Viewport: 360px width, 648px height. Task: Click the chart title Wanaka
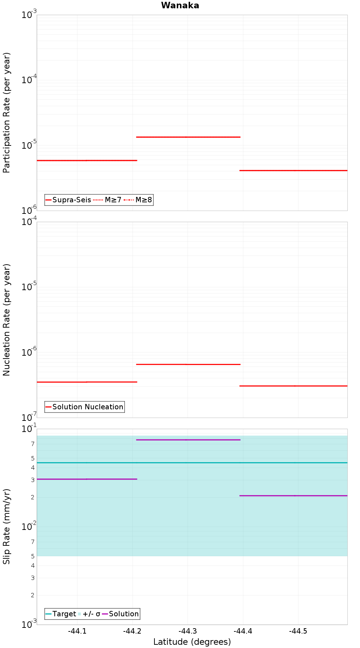pyautogui.click(x=180, y=5)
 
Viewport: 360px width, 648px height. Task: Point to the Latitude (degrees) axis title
pyautogui.click(x=192, y=642)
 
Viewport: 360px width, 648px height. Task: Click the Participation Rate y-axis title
pyautogui.click(x=6, y=113)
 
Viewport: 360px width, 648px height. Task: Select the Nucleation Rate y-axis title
pyautogui.click(x=6, y=320)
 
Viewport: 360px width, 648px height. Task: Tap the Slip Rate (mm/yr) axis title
pyautogui.click(x=6, y=526)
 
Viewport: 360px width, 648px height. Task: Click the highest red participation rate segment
pyautogui.click(x=188, y=137)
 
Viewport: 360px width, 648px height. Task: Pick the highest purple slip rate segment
pyautogui.click(x=188, y=440)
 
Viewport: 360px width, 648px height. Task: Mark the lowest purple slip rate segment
pyautogui.click(x=293, y=496)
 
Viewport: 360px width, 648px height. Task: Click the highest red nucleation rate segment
pyautogui.click(x=188, y=364)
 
